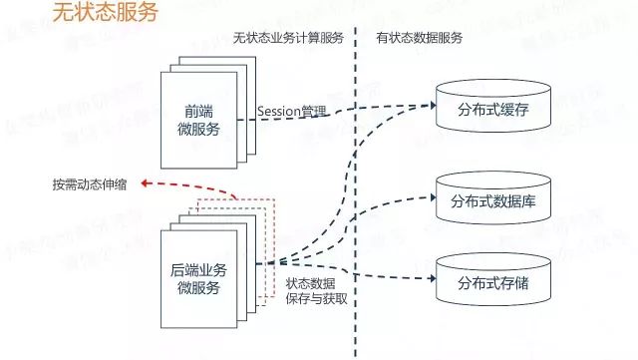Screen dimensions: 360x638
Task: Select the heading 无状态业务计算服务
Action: (x=288, y=38)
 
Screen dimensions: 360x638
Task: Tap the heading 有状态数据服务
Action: (x=420, y=38)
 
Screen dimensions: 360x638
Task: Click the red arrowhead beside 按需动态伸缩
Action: (x=146, y=184)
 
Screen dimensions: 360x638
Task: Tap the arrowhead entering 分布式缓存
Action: (x=431, y=102)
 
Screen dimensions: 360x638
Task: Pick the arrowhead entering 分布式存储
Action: (x=431, y=278)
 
